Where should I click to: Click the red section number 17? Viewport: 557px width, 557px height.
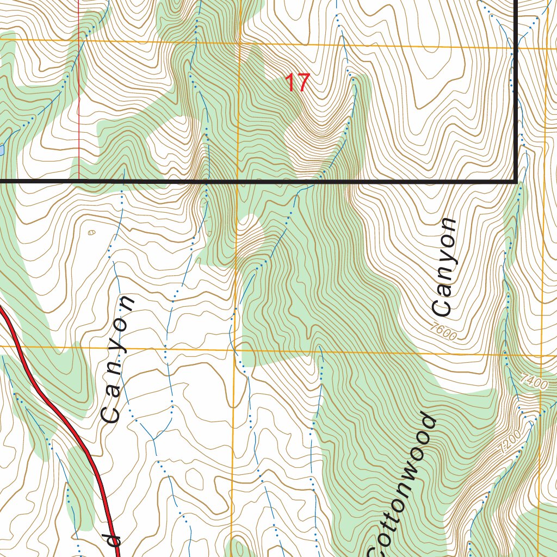tap(298, 83)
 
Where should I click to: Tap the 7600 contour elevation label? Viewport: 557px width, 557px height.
tap(442, 331)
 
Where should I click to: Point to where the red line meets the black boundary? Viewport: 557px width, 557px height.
tap(79, 179)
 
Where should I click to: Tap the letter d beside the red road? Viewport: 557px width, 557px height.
tap(113, 540)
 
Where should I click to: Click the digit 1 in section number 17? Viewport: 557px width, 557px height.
tap(290, 83)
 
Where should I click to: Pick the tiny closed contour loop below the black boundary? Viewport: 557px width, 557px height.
tap(91, 232)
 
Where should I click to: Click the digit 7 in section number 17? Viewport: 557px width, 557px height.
tap(303, 83)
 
